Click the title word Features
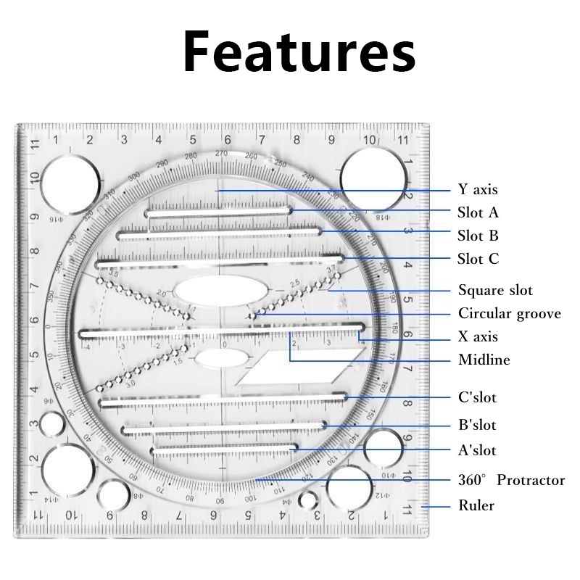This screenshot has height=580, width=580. point(298,51)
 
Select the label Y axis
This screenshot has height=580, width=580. point(478,190)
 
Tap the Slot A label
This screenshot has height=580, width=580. point(478,213)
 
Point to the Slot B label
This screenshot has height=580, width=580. point(478,236)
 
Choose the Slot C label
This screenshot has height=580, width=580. point(478,259)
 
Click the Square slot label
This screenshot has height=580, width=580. point(495,291)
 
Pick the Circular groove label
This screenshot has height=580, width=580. point(510,314)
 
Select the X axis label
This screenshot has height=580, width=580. point(478,337)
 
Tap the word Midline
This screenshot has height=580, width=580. point(484,360)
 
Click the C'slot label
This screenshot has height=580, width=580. point(478,397)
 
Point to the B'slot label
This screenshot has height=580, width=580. point(478,425)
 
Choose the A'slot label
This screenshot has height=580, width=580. point(478,450)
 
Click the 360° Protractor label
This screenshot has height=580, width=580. point(511,480)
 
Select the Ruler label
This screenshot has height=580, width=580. point(476,505)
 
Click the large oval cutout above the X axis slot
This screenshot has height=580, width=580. point(220,292)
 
